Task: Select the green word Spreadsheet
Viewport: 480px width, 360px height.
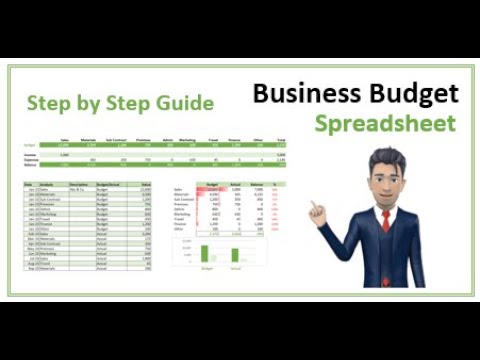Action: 385,124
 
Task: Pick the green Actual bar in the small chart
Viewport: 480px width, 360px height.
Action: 236,255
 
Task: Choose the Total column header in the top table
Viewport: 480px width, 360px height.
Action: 280,139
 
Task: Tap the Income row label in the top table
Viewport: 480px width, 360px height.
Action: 30,155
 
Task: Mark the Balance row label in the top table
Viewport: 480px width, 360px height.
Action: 30,166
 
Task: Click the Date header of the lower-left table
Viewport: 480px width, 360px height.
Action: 30,185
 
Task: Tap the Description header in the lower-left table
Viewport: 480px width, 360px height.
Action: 80,185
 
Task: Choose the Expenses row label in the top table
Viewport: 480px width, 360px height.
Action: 31,160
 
